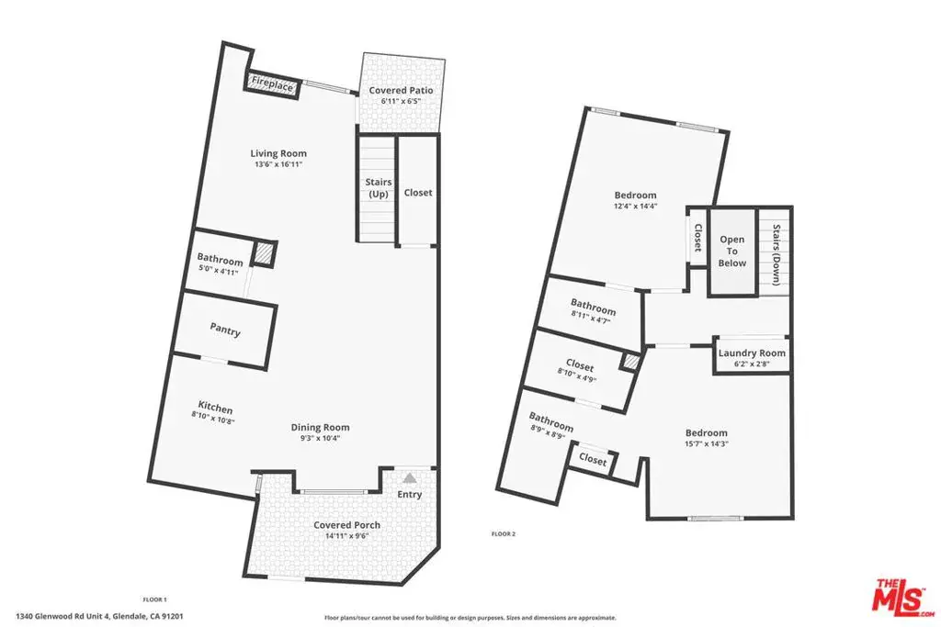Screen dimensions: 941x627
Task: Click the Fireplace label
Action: [x=272, y=84]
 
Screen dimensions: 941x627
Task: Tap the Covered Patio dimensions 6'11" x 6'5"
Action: [x=401, y=101]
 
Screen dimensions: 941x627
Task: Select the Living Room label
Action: [x=278, y=153]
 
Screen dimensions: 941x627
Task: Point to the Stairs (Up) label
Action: [x=378, y=187]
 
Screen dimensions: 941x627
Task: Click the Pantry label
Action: [x=225, y=329]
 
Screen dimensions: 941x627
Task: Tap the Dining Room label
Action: [x=320, y=428]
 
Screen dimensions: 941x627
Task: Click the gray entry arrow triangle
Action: [x=409, y=477]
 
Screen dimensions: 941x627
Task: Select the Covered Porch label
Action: [x=346, y=525]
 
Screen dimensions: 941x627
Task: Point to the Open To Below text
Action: [x=732, y=252]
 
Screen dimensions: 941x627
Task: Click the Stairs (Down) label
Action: [x=776, y=255]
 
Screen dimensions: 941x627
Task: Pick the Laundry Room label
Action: [x=752, y=353]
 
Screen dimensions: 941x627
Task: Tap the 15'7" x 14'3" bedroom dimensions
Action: [x=707, y=444]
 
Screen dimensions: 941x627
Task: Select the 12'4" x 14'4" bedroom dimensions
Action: [x=636, y=206]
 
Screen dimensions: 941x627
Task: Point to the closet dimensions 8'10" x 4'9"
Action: [x=577, y=375]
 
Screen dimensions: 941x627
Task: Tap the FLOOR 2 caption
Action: [x=504, y=533]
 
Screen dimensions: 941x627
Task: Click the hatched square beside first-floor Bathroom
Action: [x=262, y=253]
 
